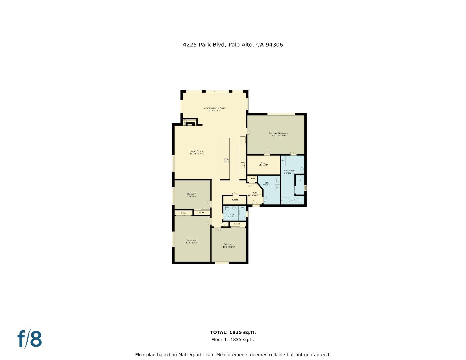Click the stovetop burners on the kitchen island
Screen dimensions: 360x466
coord(226,161)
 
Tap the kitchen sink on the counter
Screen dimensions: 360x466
coord(243,165)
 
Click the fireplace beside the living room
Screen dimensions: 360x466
coord(190,124)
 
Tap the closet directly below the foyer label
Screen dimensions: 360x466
coord(235,200)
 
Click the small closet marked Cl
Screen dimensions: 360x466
coord(225,224)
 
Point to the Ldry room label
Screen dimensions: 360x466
coord(267,183)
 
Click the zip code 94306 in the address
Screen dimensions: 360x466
coord(274,44)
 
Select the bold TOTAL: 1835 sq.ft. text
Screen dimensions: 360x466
coord(233,332)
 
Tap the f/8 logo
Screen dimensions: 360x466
coord(30,339)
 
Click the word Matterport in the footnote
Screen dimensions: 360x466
coord(200,355)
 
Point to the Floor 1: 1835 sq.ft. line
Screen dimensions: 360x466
coord(233,340)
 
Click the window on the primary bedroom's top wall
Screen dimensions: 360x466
coord(281,114)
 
